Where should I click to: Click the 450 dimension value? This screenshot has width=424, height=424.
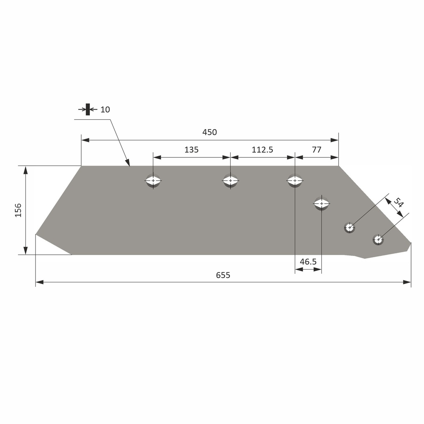(210, 132)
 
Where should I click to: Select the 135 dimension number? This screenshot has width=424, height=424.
(191, 150)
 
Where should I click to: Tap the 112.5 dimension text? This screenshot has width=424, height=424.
(263, 150)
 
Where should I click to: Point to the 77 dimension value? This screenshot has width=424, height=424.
(316, 150)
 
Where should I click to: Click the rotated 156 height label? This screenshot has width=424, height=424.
(18, 210)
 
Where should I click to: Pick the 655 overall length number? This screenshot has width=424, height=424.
(223, 275)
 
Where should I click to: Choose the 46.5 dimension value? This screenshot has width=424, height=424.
(308, 262)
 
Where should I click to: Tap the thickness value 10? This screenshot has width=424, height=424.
(105, 110)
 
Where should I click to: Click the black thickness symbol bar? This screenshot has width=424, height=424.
(88, 109)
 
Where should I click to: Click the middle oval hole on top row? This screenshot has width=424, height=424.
(230, 181)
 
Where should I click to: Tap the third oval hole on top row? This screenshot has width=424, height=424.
(295, 181)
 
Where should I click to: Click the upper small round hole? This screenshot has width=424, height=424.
(350, 227)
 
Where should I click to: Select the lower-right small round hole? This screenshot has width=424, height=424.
(378, 239)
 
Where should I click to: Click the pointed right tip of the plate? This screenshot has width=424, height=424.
(410, 243)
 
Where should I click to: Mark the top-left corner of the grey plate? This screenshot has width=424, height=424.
(82, 166)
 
